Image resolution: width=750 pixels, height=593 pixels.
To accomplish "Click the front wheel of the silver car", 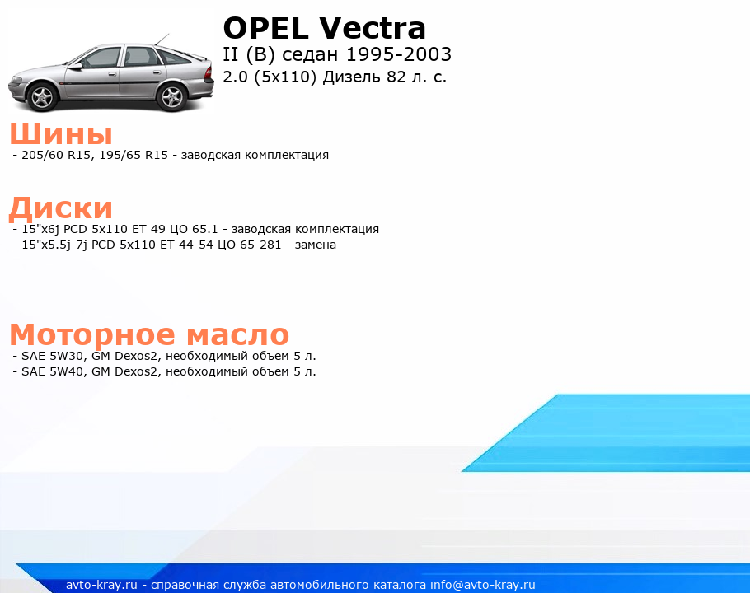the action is coord(44,96).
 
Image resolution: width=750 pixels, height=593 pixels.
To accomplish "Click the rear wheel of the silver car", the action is coord(171,97).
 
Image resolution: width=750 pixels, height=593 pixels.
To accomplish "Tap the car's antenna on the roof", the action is coord(162,40).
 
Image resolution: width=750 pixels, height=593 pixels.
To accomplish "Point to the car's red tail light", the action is coord(209,72).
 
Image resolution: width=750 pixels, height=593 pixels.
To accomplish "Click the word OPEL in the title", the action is coord(266,28).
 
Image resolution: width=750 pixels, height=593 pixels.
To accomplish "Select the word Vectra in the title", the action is coord(373,28).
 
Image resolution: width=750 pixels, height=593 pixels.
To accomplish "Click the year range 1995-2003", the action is coord(398,54).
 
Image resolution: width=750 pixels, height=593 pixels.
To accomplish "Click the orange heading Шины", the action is coord(61,133).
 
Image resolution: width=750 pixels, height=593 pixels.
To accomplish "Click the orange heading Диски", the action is coord(61,208).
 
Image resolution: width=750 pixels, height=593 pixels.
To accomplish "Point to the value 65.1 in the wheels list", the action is coord(204,229).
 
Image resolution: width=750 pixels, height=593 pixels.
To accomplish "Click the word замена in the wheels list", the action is coord(315,245).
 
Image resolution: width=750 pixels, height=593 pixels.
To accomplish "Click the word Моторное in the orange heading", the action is coord(92,334).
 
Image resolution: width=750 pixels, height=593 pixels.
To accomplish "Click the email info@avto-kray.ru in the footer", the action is coord(483,585).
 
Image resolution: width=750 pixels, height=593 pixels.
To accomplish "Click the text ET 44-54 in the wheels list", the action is coord(186,245).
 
